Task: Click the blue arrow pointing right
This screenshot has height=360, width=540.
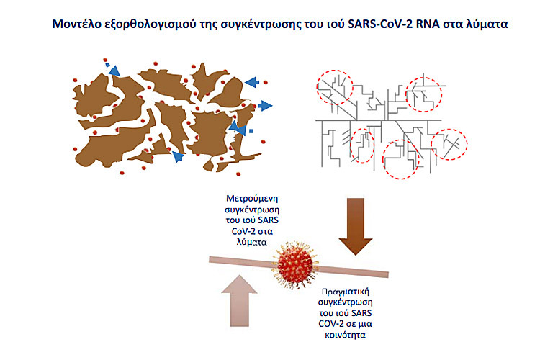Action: pyautogui.click(x=264, y=106)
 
